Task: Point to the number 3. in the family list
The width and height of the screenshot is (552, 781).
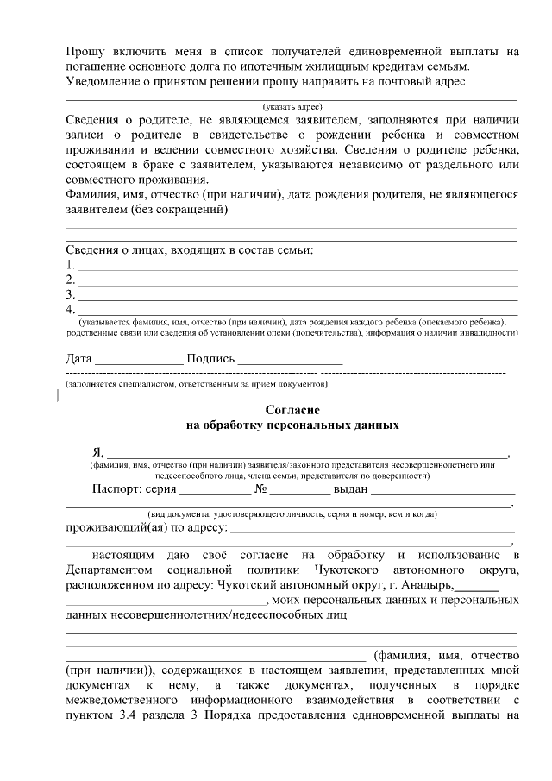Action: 71,295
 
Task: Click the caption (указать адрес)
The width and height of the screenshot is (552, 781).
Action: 292,105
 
